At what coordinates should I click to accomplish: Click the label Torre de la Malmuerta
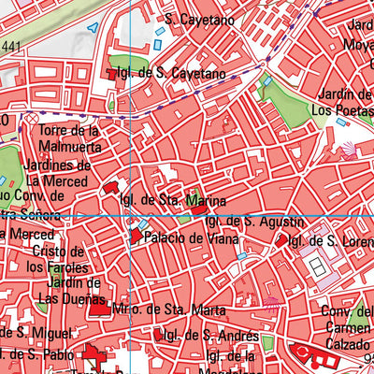68,137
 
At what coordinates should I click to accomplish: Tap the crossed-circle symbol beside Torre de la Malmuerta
31,122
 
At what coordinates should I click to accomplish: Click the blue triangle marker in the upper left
93,28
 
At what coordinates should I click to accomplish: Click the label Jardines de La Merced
59,173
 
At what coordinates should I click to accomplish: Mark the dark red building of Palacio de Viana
136,237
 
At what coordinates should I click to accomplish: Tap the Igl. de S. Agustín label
253,222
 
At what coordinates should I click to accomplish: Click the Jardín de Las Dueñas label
69,291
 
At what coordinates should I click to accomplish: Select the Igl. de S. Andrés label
207,335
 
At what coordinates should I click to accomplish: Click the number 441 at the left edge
10,46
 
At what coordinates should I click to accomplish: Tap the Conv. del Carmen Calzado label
347,326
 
